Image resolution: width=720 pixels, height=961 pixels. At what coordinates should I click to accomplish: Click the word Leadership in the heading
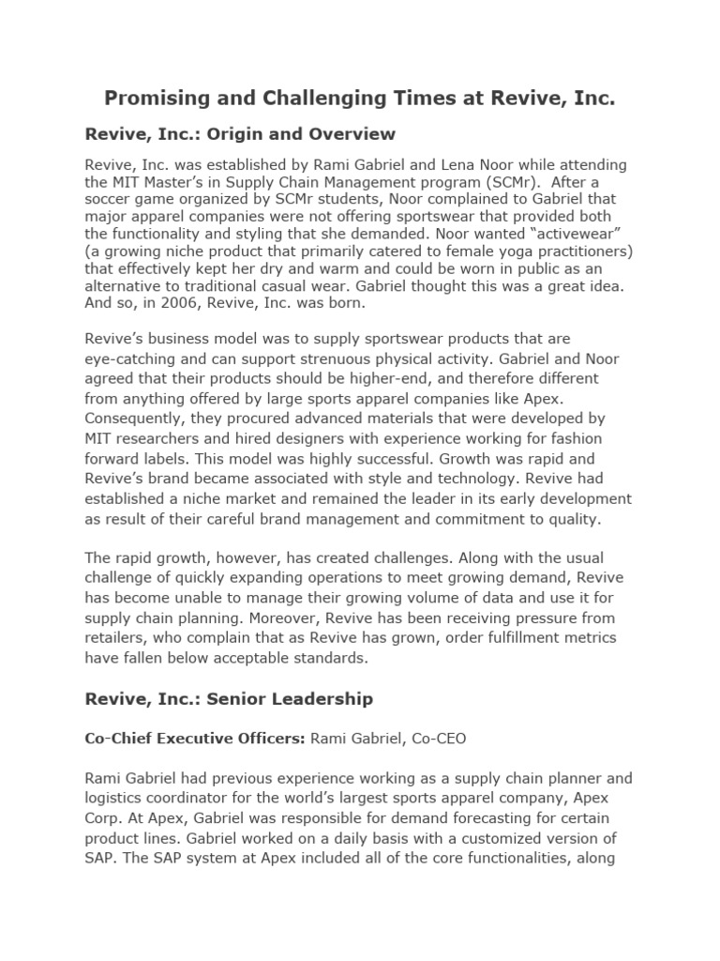319,698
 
